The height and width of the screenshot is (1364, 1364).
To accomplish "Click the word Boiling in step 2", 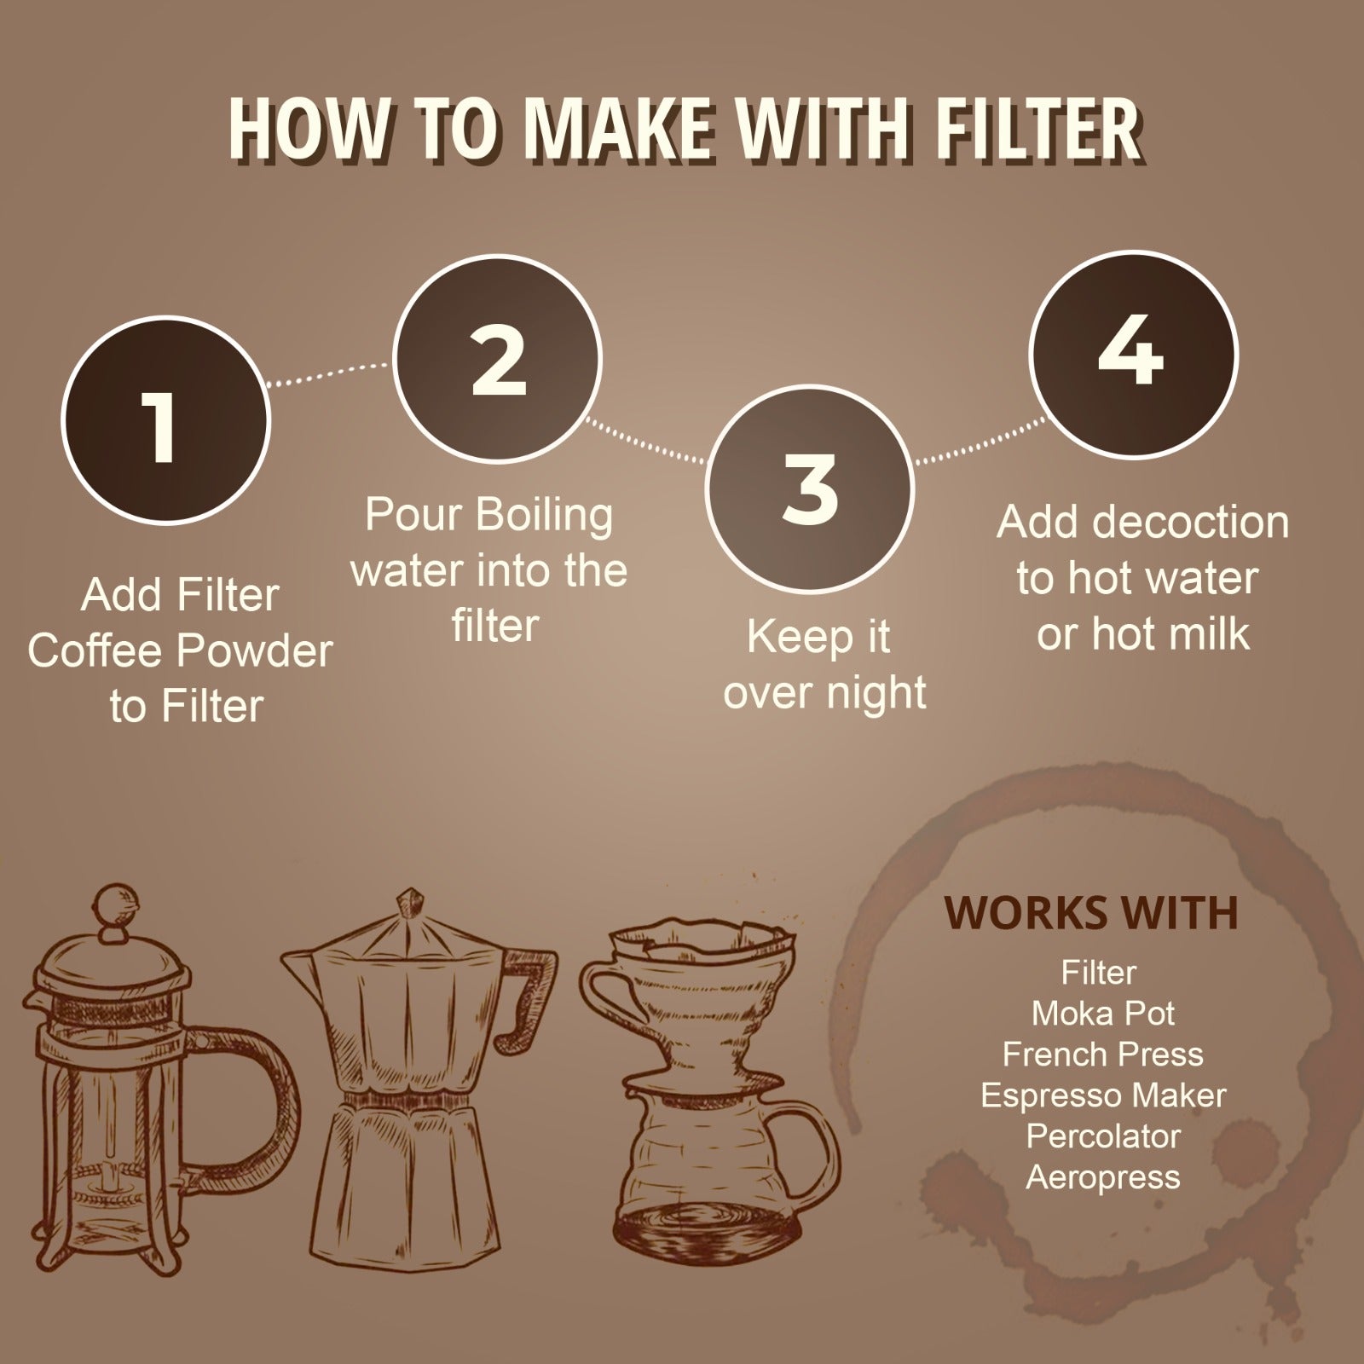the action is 543,515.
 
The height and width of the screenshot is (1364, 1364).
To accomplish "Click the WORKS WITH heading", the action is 1091,913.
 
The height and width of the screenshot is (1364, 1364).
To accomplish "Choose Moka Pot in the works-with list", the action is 1103,1014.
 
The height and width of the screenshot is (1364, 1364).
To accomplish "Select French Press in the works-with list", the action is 1103,1055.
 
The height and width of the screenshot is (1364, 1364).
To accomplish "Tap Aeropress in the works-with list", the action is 1103,1177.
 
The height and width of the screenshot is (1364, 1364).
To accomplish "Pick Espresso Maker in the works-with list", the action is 1103,1095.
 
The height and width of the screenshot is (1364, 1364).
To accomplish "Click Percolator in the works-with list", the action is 1103,1136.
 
